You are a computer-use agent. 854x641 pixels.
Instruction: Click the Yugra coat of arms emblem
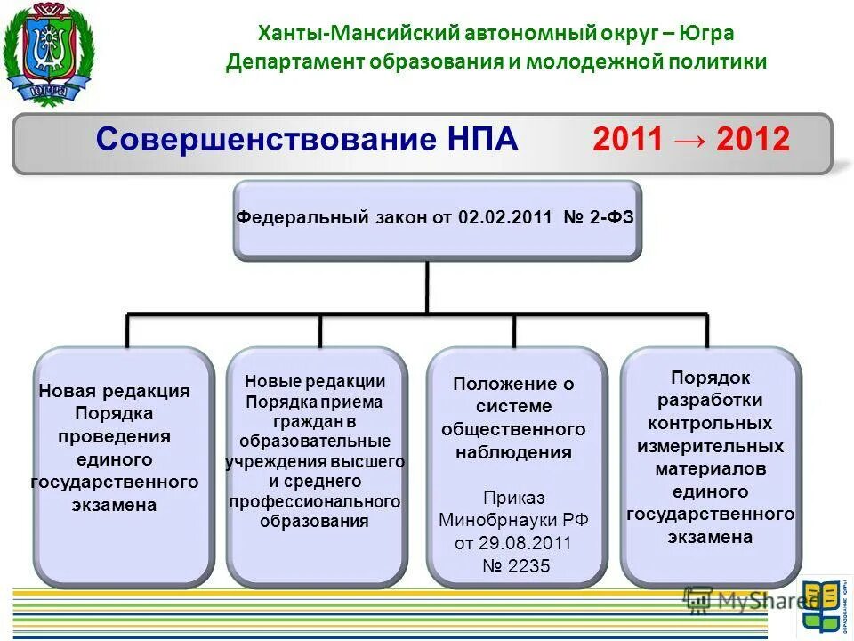tap(48, 53)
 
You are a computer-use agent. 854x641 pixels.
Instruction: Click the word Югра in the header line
tap(708, 34)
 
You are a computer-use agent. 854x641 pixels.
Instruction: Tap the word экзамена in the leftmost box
tap(115, 505)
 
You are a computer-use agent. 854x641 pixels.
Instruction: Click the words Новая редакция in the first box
tap(115, 391)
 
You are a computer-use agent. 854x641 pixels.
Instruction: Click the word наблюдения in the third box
tap(513, 452)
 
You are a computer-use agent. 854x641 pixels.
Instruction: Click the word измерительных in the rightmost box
tap(710, 446)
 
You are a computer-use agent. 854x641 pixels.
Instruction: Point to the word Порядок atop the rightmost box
tap(710, 377)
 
